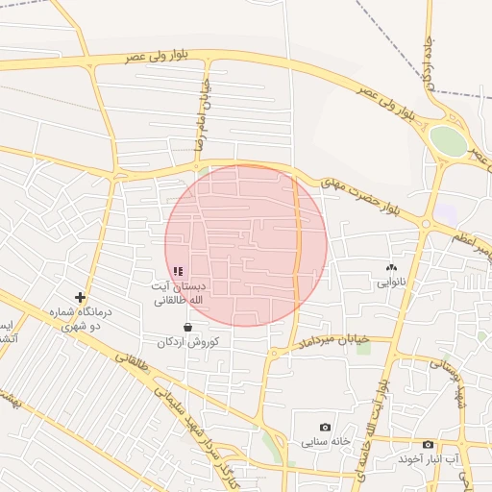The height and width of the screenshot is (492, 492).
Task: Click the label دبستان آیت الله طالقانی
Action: [178, 293]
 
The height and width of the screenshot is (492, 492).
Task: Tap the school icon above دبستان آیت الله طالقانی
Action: [179, 272]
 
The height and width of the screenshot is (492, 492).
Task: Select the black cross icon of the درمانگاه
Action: [80, 298]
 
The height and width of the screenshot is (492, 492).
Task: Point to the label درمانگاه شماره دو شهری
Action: [80, 319]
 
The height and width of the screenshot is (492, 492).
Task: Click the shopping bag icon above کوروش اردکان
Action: [186, 327]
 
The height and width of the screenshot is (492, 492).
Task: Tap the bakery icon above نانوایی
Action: [391, 268]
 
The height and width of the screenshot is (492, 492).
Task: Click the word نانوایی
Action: [391, 283]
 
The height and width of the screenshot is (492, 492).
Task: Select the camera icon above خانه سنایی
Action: [325, 427]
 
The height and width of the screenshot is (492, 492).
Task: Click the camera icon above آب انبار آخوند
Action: [428, 444]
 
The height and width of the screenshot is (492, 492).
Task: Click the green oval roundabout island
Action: [448, 141]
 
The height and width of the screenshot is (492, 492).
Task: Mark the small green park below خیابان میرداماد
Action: [363, 347]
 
